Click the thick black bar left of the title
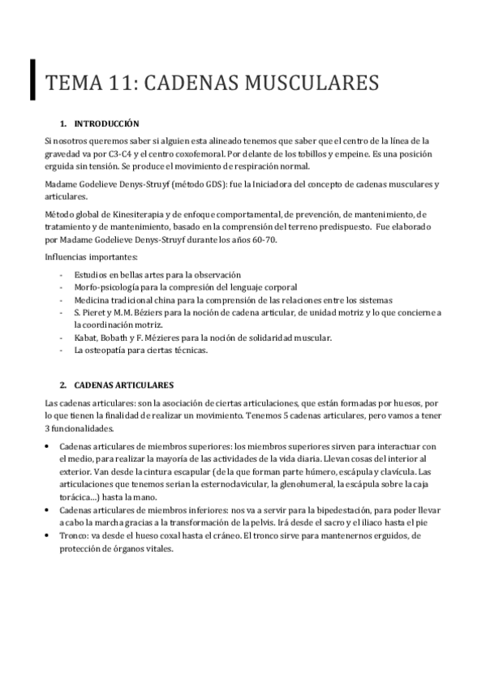(32, 79)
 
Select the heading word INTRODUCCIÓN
(106, 124)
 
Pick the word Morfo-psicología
(102, 287)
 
